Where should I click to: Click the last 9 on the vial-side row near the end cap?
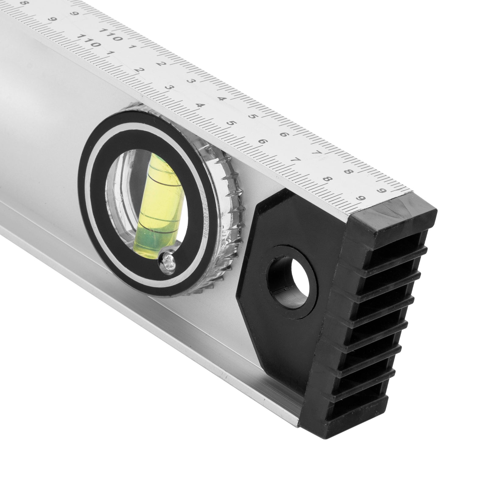point(361,198)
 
